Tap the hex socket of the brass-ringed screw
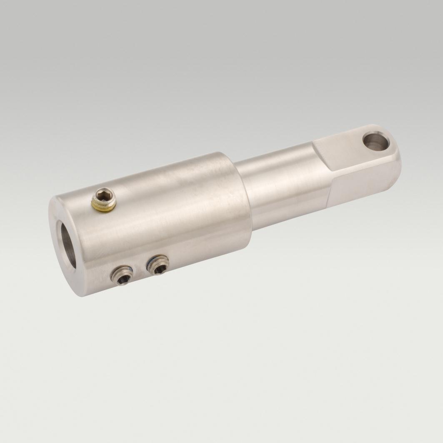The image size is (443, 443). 103,195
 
